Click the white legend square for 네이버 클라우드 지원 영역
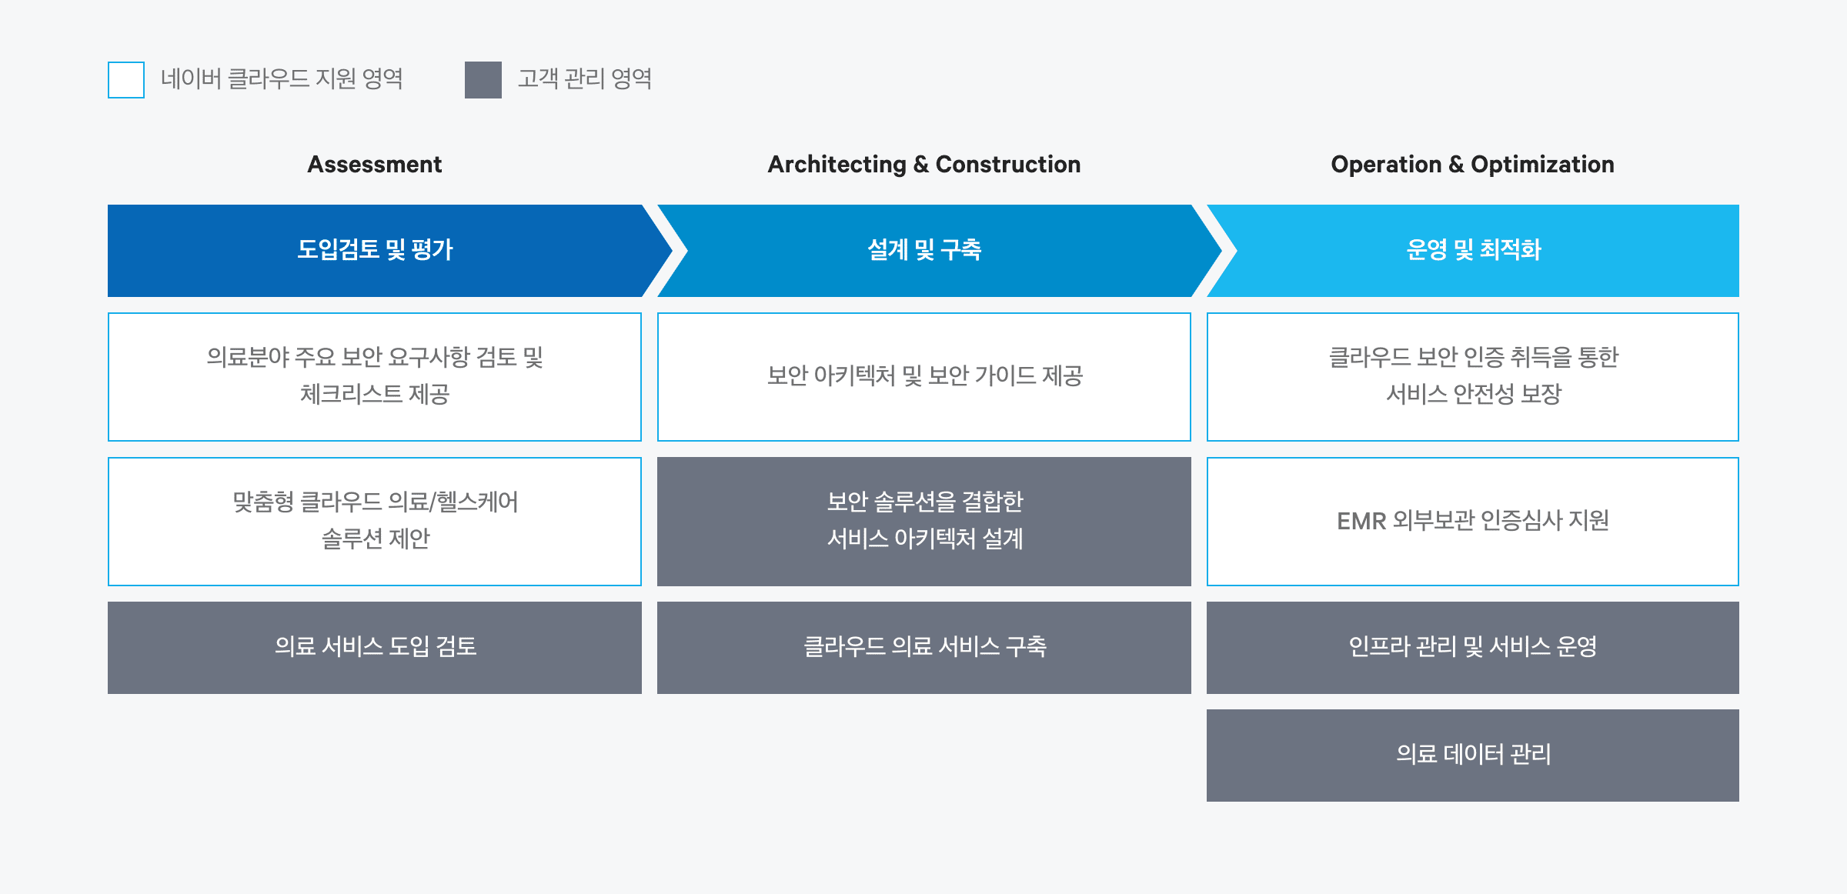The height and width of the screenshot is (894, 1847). click(126, 80)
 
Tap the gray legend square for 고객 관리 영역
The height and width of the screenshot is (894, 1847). click(483, 80)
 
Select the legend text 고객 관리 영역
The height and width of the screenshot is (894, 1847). click(585, 78)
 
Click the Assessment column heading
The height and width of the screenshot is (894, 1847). click(375, 164)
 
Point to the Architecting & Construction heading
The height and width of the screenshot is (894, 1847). click(924, 164)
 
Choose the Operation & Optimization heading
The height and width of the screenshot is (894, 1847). click(1473, 164)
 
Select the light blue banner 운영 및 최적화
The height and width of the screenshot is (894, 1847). click(1473, 251)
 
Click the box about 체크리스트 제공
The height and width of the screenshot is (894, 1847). click(375, 377)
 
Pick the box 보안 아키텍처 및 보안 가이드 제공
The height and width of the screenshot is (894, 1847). click(924, 377)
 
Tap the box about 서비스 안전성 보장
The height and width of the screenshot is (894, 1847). click(1473, 377)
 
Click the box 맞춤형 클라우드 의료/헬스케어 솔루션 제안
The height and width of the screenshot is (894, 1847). click(375, 522)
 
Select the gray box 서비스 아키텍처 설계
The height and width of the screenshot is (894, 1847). click(924, 522)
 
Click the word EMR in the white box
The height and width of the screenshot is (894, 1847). click(1361, 522)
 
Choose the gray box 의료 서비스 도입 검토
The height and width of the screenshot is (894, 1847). click(375, 648)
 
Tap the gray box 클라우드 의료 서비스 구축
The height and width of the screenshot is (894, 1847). click(924, 648)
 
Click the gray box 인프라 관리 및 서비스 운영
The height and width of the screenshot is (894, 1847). click(1473, 648)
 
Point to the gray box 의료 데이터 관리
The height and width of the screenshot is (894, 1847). click(1473, 756)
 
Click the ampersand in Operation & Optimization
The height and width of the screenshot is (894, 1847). click(1456, 165)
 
